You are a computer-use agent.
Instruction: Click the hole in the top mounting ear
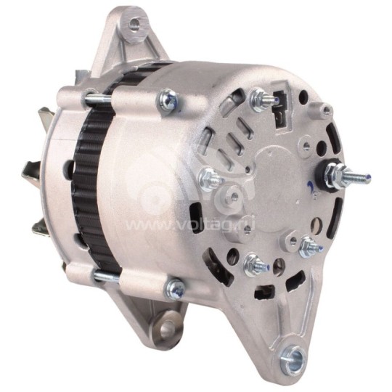[134, 27]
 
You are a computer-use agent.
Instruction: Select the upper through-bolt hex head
[168, 101]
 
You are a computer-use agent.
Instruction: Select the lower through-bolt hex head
[175, 290]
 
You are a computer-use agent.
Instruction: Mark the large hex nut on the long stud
[336, 173]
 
